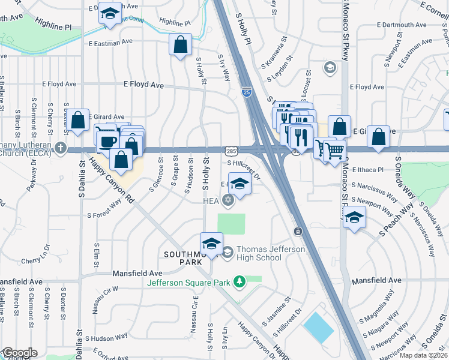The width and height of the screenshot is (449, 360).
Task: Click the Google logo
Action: coord(19,353)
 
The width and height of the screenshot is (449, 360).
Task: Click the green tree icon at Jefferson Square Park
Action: coord(240,281)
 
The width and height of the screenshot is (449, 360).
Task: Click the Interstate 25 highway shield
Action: coord(247,92)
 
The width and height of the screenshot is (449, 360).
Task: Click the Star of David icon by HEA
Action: coord(227,200)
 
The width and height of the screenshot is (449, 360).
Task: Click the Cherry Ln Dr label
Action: coord(38,260)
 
